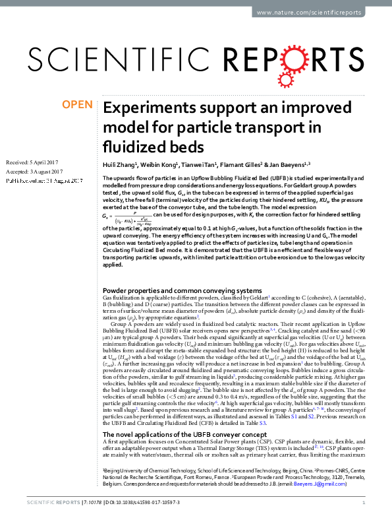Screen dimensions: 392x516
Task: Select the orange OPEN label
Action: (x=76, y=104)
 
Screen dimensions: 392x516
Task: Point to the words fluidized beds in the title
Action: (x=148, y=145)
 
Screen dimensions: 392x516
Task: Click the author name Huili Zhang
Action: (x=121, y=164)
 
